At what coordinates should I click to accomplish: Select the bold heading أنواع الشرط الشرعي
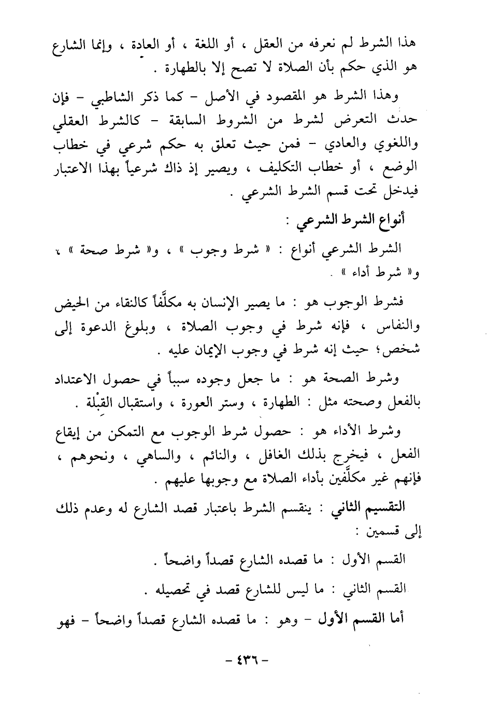(352, 220)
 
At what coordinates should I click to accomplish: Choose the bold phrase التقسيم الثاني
(375, 508)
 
